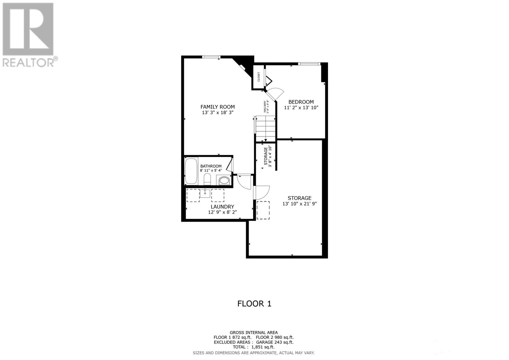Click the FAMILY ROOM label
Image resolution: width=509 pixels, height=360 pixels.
pyautogui.click(x=218, y=107)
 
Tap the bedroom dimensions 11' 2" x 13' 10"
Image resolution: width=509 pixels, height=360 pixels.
pyautogui.click(x=301, y=108)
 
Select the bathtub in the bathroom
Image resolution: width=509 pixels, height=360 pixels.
pyautogui.click(x=191, y=171)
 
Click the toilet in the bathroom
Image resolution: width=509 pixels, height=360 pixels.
pyautogui.click(x=207, y=179)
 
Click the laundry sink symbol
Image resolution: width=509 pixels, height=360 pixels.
pyautogui.click(x=205, y=193)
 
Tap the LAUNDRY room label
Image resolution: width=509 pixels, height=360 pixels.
pyautogui.click(x=222, y=207)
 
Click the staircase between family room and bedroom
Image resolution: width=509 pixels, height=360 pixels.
pyautogui.click(x=265, y=128)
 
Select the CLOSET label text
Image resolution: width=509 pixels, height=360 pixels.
pyautogui.click(x=259, y=76)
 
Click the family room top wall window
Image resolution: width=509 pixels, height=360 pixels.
pyautogui.click(x=211, y=57)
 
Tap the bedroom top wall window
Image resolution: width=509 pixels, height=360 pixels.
pyautogui.click(x=309, y=64)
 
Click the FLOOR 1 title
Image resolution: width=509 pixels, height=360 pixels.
pyautogui.click(x=254, y=304)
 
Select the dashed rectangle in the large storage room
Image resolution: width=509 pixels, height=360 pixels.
pyautogui.click(x=263, y=210)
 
